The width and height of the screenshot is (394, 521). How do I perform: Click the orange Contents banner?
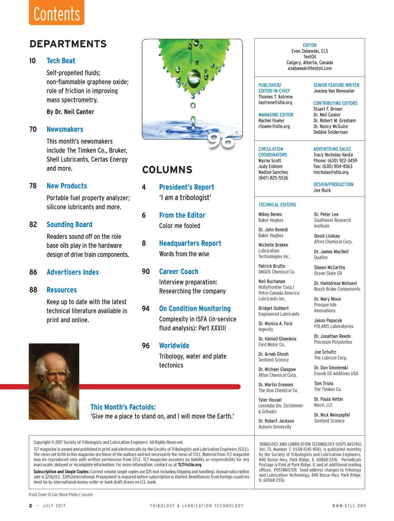(x=57, y=13)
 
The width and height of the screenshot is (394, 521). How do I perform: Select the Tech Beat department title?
(x=61, y=61)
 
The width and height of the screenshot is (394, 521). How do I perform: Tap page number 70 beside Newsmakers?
(x=33, y=130)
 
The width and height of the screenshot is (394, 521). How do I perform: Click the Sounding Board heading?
(x=69, y=225)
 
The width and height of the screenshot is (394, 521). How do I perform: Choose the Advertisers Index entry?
(x=73, y=272)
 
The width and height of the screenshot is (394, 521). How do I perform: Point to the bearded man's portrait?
(x=54, y=381)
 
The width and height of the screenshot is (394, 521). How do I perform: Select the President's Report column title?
(x=187, y=187)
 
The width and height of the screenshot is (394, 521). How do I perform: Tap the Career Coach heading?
(x=179, y=271)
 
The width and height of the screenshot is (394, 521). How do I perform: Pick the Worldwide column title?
(x=174, y=346)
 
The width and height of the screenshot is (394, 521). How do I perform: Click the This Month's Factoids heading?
(x=123, y=407)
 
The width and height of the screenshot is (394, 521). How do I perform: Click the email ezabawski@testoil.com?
(x=310, y=68)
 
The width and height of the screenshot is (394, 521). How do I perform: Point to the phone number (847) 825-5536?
(x=273, y=178)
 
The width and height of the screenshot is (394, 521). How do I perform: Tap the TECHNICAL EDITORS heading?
(x=277, y=205)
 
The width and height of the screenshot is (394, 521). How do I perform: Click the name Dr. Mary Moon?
(x=327, y=299)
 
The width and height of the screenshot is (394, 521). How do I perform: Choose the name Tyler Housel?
(x=270, y=400)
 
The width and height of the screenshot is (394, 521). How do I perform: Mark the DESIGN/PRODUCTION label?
(x=333, y=185)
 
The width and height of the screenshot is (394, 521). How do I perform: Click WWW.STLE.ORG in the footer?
(x=349, y=506)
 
